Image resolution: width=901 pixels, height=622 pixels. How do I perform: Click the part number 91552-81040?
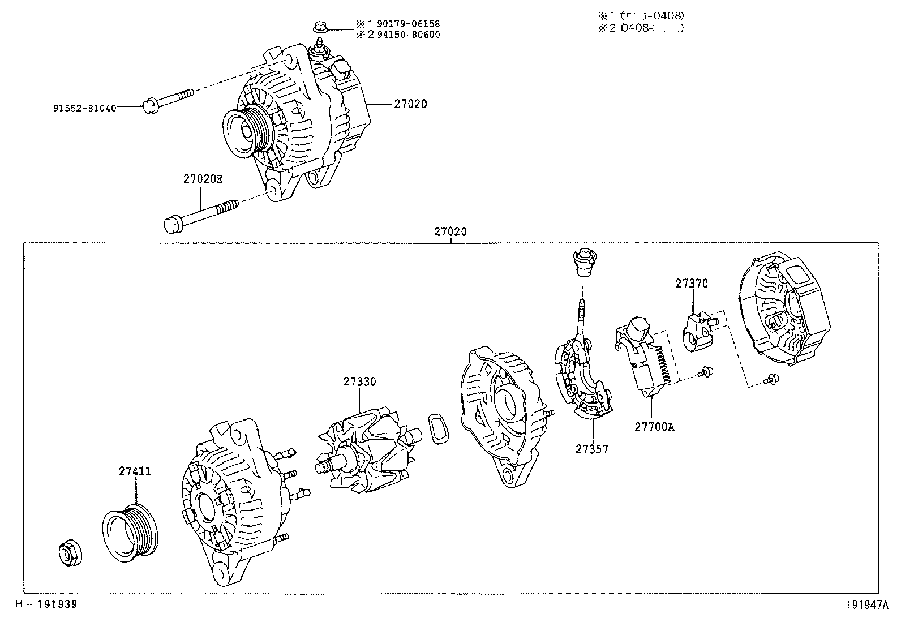click(x=85, y=108)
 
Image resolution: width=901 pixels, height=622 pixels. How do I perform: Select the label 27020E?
click(x=203, y=179)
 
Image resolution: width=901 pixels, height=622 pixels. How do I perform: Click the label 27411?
click(x=135, y=471)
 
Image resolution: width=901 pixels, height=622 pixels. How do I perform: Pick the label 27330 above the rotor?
click(x=359, y=381)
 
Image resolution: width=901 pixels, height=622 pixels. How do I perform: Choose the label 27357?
click(x=592, y=449)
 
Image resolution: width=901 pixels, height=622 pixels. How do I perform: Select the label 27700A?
click(x=654, y=427)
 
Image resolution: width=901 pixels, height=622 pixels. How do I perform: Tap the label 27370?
click(x=691, y=284)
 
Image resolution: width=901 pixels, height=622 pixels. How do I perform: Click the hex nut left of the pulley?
click(x=71, y=554)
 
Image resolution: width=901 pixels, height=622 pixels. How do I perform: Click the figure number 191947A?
click(x=868, y=605)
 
